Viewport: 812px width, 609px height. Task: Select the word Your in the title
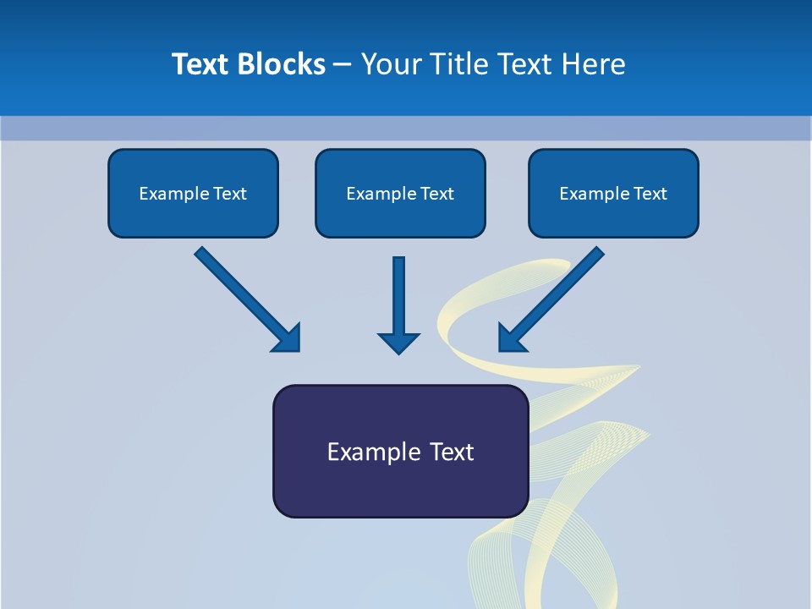(x=392, y=64)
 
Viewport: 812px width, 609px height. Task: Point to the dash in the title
(x=343, y=65)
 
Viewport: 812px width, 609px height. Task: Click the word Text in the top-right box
(x=650, y=194)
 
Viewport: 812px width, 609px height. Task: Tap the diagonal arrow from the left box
(x=241, y=293)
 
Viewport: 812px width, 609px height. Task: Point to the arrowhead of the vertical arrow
(x=399, y=343)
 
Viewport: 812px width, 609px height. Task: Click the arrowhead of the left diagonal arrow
(x=288, y=338)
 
